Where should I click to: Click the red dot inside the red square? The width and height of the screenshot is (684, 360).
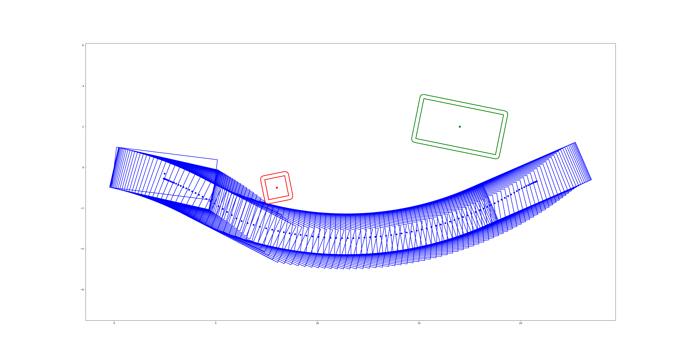(x=277, y=188)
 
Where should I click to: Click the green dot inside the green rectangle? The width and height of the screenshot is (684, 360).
(x=460, y=127)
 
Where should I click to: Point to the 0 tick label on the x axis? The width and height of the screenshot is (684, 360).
(x=114, y=323)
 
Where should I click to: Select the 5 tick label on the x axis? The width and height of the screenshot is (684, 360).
(x=216, y=323)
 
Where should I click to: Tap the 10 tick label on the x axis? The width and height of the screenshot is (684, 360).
(x=317, y=323)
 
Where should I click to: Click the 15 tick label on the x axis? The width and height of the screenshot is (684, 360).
(x=419, y=323)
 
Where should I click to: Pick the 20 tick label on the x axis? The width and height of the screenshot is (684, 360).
(x=521, y=323)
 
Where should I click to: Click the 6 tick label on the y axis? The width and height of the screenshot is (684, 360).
(x=83, y=45)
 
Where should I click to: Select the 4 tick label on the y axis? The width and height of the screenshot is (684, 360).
(x=83, y=86)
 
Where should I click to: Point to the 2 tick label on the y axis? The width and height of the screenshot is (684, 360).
(x=83, y=127)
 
